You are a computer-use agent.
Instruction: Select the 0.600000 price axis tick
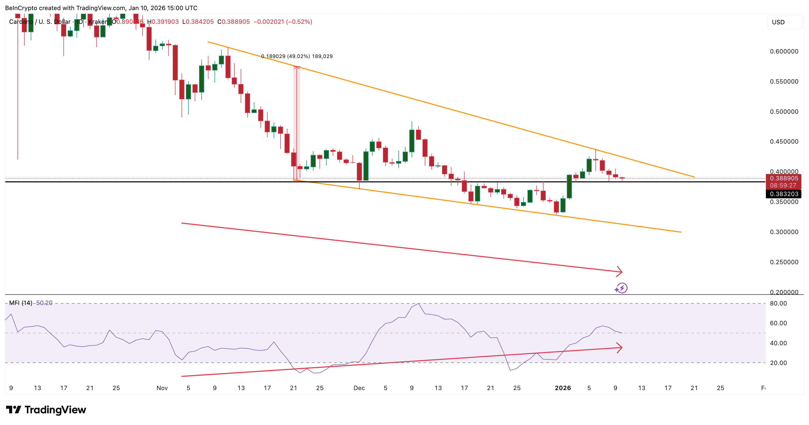coord(784,51)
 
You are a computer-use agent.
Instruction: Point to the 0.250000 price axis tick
coord(784,262)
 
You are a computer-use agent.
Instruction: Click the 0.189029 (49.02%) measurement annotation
coord(296,56)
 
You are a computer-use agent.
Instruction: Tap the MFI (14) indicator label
coord(20,303)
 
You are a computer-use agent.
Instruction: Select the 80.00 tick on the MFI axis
coord(778,303)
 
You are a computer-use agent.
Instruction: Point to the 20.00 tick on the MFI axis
coord(778,363)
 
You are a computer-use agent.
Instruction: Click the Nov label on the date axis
coord(162,388)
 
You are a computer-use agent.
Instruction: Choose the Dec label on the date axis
coord(359,388)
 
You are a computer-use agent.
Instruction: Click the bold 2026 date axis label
coord(562,388)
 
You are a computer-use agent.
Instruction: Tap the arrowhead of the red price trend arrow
coord(621,272)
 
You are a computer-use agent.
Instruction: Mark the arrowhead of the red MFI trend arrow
coord(621,347)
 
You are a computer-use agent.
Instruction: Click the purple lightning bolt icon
coord(622,288)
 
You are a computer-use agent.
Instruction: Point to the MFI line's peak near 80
coord(419,304)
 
